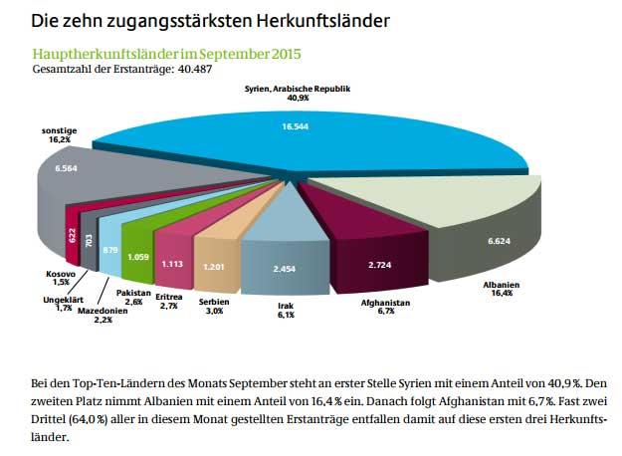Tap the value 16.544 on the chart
pos(296,127)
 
